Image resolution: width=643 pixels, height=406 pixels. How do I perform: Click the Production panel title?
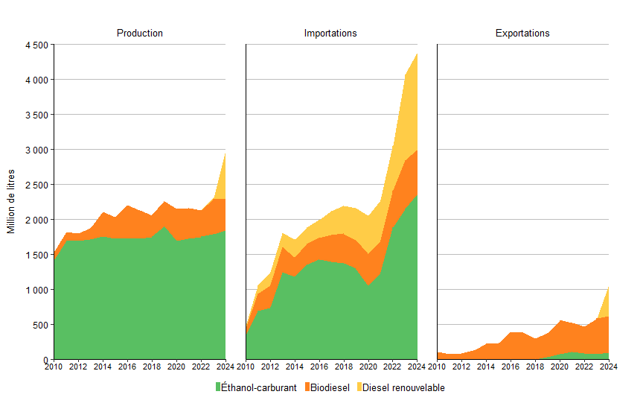click(x=140, y=34)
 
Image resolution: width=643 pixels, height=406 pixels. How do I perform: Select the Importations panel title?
click(x=330, y=34)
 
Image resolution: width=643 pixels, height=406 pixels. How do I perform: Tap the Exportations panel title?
click(x=522, y=34)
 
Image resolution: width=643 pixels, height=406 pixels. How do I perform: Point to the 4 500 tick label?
click(x=36, y=45)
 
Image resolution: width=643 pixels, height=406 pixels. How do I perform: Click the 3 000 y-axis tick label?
click(x=36, y=150)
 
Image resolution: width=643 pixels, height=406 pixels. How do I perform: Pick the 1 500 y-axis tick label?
click(x=36, y=255)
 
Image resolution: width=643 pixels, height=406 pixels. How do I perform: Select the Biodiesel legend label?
click(x=330, y=387)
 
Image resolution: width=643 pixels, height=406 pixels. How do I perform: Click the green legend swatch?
click(x=218, y=387)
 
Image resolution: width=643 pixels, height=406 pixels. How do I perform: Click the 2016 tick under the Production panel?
click(x=127, y=367)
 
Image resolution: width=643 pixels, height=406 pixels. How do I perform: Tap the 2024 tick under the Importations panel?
click(x=416, y=367)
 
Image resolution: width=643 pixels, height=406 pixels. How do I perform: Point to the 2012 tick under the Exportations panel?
click(x=461, y=367)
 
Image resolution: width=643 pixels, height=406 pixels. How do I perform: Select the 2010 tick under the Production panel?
click(x=54, y=367)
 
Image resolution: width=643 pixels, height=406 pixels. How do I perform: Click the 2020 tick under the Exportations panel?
click(x=560, y=367)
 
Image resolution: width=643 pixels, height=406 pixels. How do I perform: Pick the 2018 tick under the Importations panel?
click(x=343, y=367)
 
